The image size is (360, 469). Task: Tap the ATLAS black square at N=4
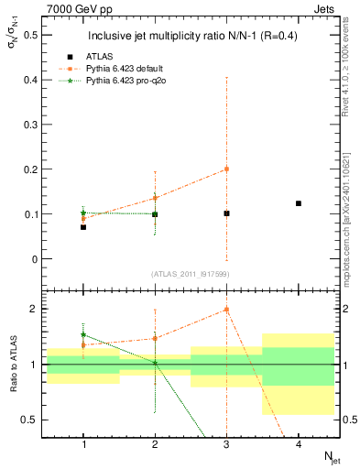pos(299,203)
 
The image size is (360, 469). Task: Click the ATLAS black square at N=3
pos(226,213)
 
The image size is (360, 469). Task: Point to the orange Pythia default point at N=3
pos(226,169)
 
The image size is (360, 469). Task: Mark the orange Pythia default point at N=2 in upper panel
pos(155,198)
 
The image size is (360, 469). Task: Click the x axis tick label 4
pos(299,443)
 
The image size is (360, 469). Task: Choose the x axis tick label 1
pos(83,443)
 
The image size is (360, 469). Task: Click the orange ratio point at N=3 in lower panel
pos(226,309)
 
